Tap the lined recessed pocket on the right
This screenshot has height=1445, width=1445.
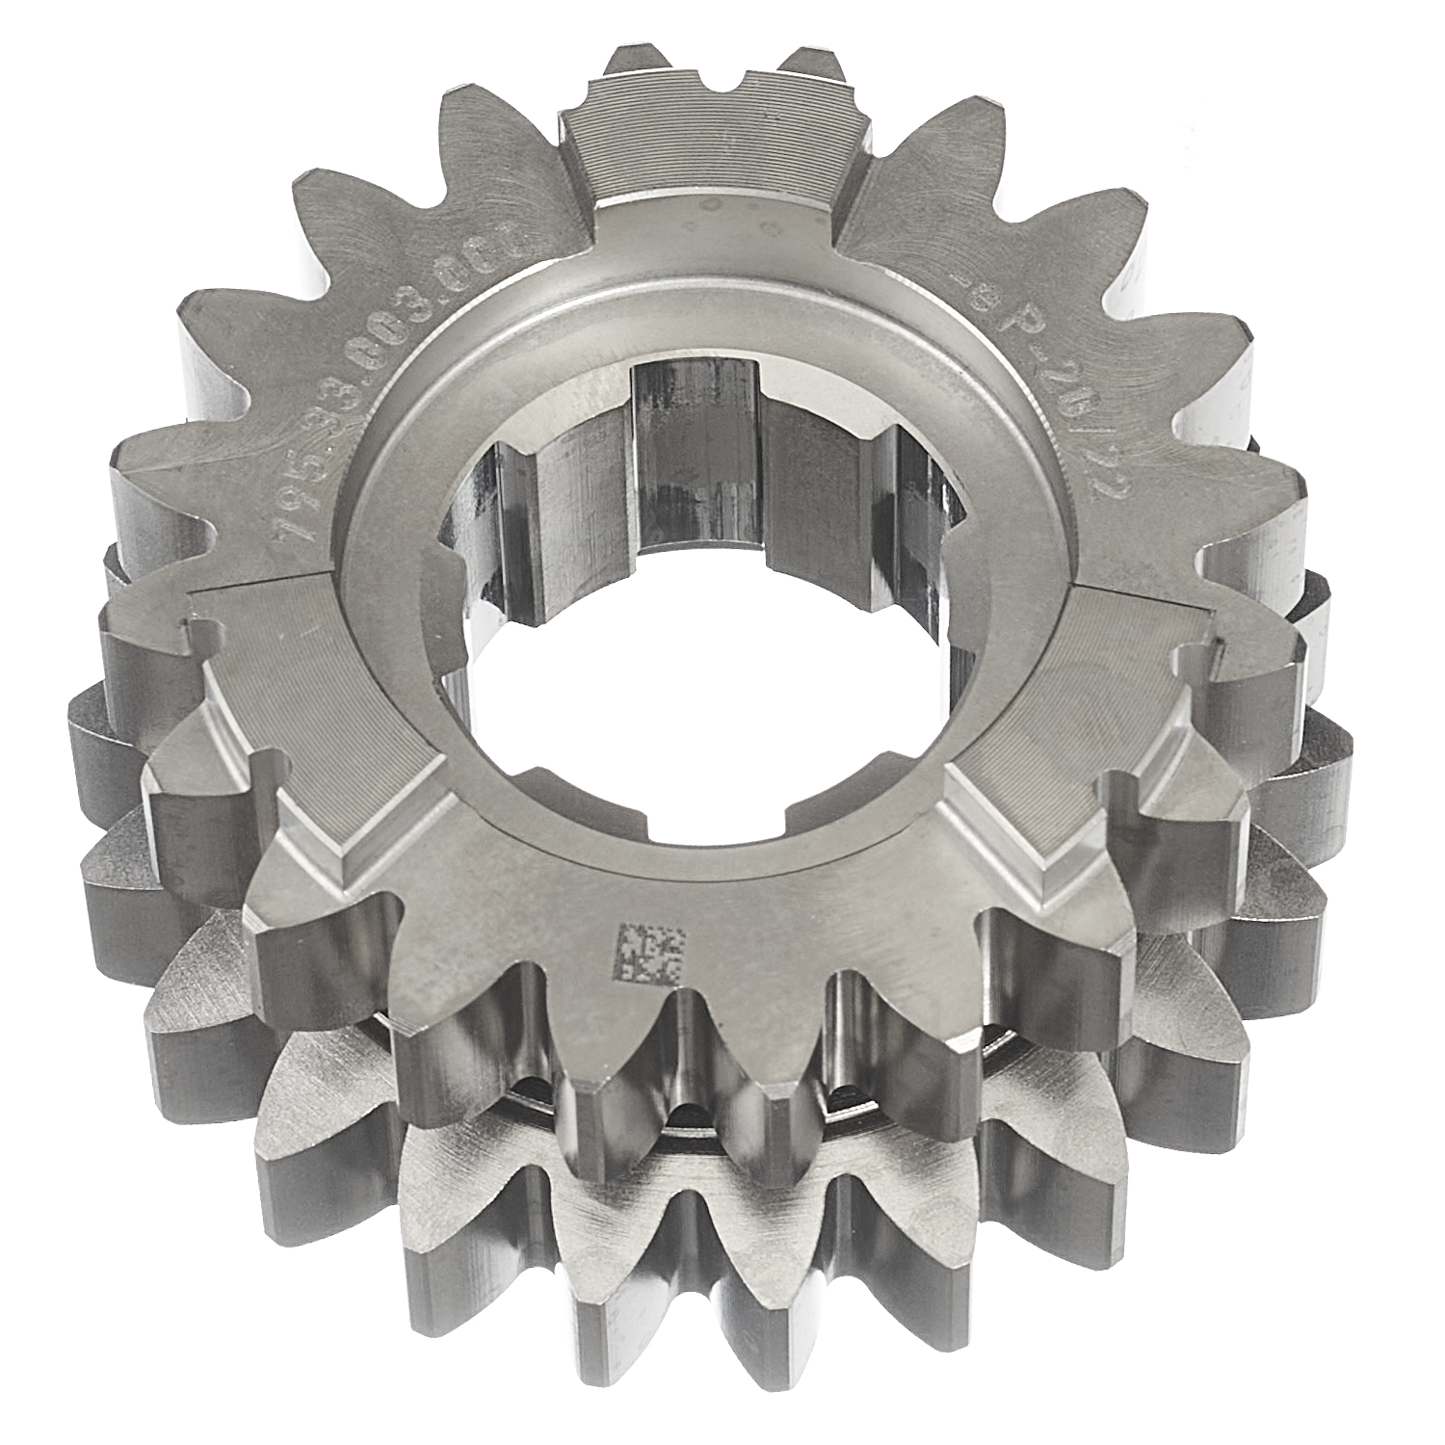click(1089, 694)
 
